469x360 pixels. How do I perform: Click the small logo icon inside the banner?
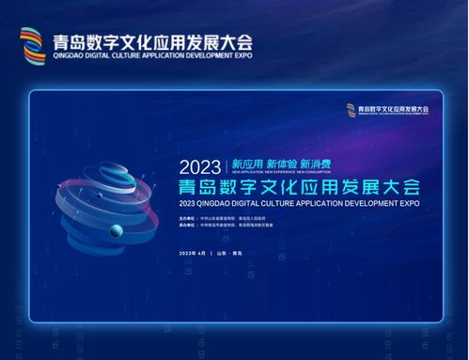pos(351,109)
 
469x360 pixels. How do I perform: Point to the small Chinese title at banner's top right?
pos(394,109)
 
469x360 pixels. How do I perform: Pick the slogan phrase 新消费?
pos(317,158)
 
